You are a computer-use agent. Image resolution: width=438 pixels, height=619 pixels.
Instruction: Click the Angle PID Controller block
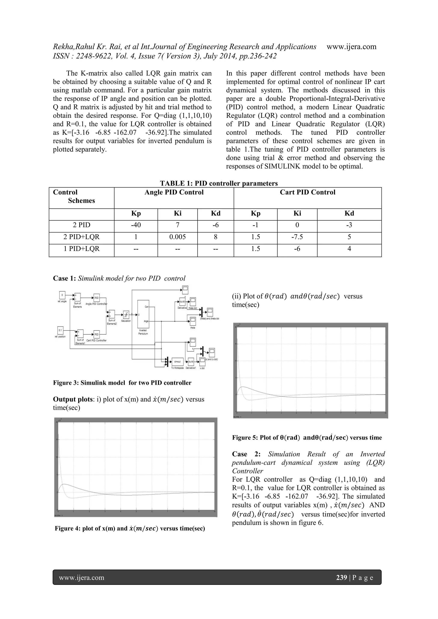[x=96, y=298]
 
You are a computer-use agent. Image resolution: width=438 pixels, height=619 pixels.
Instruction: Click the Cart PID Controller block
[x=96, y=334]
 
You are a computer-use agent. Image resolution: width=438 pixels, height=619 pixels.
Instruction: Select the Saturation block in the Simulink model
[x=126, y=315]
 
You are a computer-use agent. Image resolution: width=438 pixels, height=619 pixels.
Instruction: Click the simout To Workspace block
[x=178, y=361]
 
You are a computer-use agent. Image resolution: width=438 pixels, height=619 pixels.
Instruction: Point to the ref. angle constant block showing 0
[x=62, y=295]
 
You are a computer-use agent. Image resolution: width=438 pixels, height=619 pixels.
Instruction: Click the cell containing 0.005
[x=178, y=237]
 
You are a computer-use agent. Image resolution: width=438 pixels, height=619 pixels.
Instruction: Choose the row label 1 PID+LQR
[x=81, y=249]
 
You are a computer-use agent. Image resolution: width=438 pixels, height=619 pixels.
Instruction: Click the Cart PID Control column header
[x=308, y=192]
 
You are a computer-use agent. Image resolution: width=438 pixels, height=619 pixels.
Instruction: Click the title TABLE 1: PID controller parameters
[x=219, y=183]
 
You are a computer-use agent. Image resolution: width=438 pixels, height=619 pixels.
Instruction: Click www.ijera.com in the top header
[x=351, y=47]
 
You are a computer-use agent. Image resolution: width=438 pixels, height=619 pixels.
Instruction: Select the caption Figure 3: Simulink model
[x=122, y=383]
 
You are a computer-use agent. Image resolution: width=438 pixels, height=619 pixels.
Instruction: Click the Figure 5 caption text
[x=307, y=438]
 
